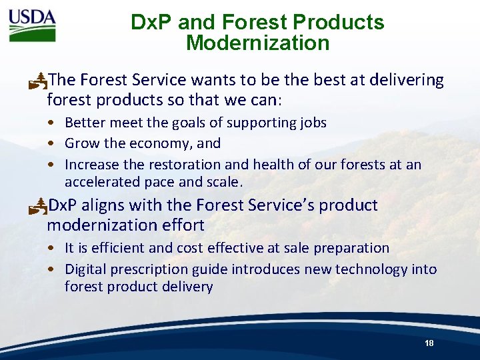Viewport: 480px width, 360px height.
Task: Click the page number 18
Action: [x=429, y=343]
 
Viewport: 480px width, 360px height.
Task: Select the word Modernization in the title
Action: [x=257, y=43]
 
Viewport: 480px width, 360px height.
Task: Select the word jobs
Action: [x=312, y=123]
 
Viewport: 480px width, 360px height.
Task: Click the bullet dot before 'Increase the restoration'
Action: [x=51, y=165]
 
